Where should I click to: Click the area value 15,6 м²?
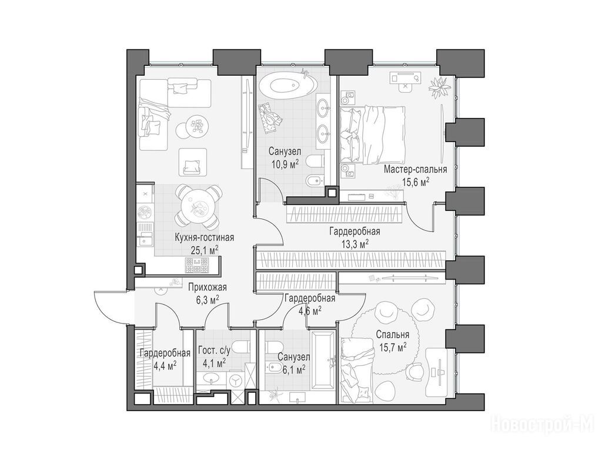pos(416,183)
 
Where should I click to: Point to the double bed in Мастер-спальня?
pos(373,134)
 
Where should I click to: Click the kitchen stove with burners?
pos(196,265)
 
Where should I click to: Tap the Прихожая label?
pos(208,287)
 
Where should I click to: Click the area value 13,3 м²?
pos(354,244)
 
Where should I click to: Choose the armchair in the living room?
pos(193,163)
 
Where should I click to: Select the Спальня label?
pos(392,334)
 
